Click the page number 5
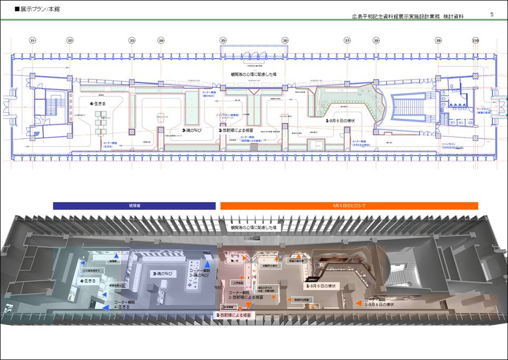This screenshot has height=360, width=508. pos(492,14)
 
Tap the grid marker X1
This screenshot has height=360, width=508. pos(33,40)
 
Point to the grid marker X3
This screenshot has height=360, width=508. pos(132,40)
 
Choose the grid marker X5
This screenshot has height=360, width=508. pos(223,40)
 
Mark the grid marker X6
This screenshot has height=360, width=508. pos(285,40)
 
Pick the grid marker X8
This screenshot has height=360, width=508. pos(376,40)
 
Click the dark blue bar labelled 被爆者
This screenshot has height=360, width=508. pos(134,206)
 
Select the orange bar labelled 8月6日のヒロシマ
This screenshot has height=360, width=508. pos(349,206)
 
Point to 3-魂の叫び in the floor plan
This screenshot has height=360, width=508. pos(194,130)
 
